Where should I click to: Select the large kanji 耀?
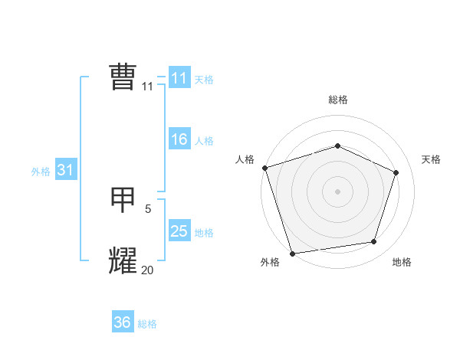123,260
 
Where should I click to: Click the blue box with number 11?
179,78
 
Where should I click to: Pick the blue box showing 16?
179,139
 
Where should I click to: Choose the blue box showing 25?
179,231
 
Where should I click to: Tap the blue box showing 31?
65,170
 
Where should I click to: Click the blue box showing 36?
123,322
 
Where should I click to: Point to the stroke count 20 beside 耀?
148,270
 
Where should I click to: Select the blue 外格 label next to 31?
41,172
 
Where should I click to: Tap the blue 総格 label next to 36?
147,324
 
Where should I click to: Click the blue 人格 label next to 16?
204,141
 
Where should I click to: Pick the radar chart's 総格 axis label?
338,100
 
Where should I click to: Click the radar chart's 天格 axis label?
431,159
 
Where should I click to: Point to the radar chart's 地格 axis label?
402,263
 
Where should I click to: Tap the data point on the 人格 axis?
264,168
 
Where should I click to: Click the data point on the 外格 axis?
292,253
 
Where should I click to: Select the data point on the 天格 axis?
396,172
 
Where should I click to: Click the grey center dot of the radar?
337,191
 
